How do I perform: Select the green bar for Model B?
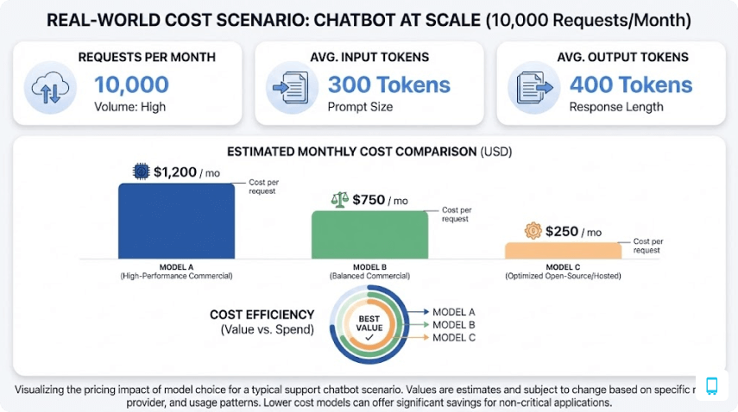(x=369, y=234)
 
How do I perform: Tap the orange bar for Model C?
(x=562, y=250)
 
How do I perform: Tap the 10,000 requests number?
(x=131, y=84)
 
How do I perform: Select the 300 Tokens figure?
(x=388, y=84)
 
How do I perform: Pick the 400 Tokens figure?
(x=631, y=84)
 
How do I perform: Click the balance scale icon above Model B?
(x=340, y=199)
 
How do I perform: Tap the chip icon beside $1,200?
(x=141, y=171)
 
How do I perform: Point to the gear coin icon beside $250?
(x=533, y=230)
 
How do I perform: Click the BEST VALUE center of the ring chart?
(x=369, y=325)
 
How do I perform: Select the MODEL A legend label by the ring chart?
(x=454, y=311)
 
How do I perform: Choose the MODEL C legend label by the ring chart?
(x=454, y=337)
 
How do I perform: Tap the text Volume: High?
(x=129, y=108)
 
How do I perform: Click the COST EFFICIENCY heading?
(x=261, y=315)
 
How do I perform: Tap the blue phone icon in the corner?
(x=713, y=385)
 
